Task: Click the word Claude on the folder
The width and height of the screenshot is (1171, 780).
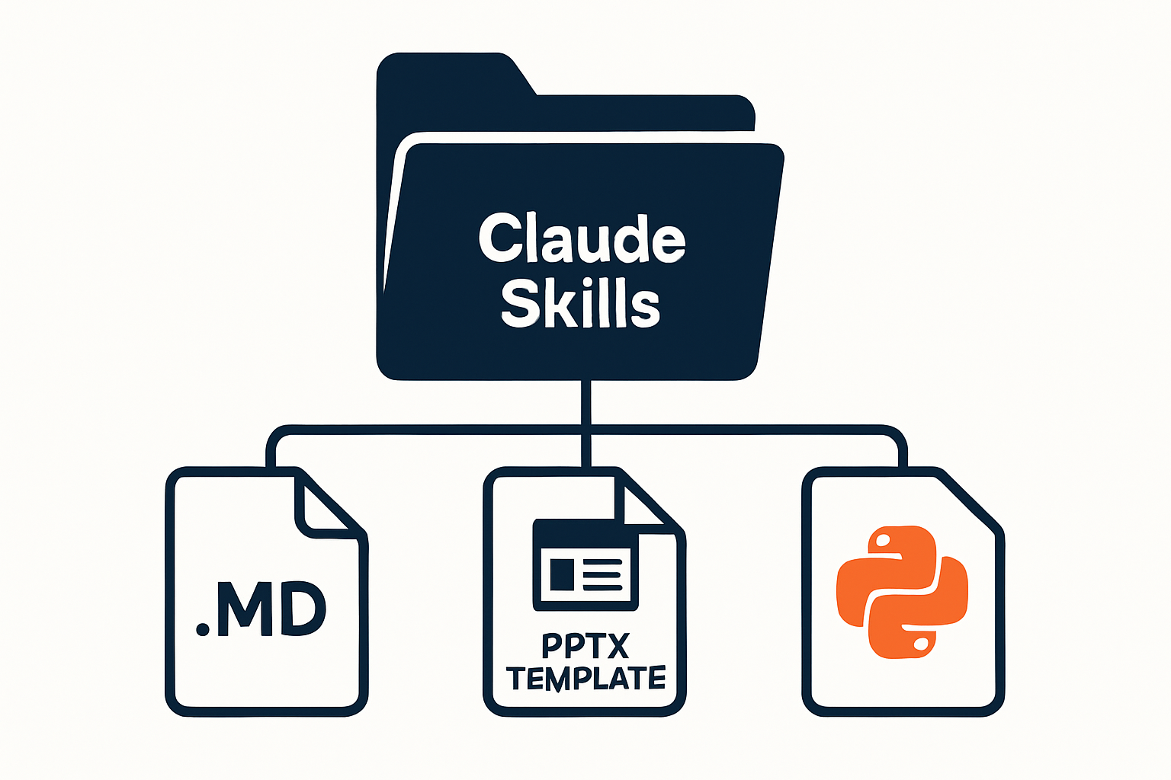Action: (x=582, y=238)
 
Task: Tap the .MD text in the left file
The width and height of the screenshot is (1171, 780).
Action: (x=261, y=609)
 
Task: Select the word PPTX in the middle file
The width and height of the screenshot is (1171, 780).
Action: (x=585, y=646)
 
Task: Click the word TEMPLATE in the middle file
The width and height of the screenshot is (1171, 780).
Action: (x=585, y=678)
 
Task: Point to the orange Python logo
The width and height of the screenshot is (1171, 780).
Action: (x=903, y=592)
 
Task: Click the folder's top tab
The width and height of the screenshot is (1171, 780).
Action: (x=455, y=74)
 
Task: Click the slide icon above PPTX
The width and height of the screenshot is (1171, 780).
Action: (x=585, y=564)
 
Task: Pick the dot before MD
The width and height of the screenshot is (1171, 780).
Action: (x=202, y=629)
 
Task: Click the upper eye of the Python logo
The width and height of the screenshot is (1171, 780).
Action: (x=882, y=542)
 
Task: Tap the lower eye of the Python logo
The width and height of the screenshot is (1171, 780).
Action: (x=922, y=644)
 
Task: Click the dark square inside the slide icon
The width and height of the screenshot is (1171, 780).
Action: (x=562, y=574)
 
